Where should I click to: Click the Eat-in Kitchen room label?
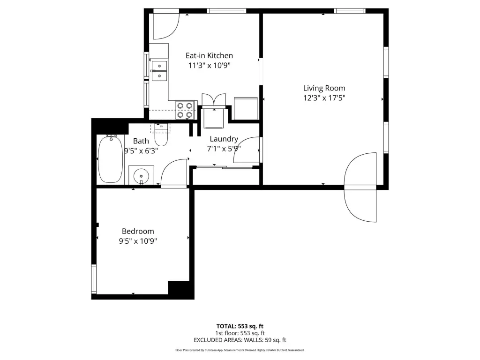point(209,55)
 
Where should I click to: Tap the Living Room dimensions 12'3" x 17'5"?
point(324,98)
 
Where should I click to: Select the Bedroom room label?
point(138,231)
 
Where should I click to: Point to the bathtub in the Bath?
point(110,159)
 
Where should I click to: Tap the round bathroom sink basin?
point(141,176)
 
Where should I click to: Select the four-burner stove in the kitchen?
point(185,110)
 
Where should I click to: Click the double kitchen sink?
point(159,71)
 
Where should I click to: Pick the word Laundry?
point(224,139)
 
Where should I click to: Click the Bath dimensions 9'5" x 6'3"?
point(141,150)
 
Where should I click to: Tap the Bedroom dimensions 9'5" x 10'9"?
point(138,241)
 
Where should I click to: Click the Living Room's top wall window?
point(350,11)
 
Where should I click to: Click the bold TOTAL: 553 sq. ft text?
point(240,326)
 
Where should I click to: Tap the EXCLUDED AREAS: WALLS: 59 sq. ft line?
point(240,340)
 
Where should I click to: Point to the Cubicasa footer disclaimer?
point(240,350)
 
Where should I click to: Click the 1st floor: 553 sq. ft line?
point(240,333)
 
